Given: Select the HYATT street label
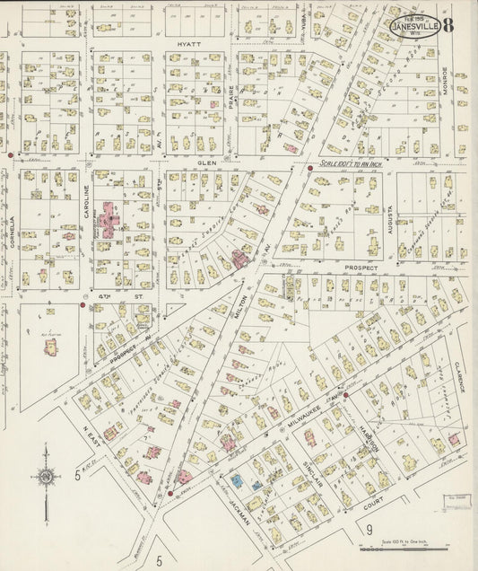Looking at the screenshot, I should click(x=188, y=44).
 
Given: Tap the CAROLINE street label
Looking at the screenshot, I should click(x=87, y=204).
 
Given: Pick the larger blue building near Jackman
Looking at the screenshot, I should click(x=237, y=481).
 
